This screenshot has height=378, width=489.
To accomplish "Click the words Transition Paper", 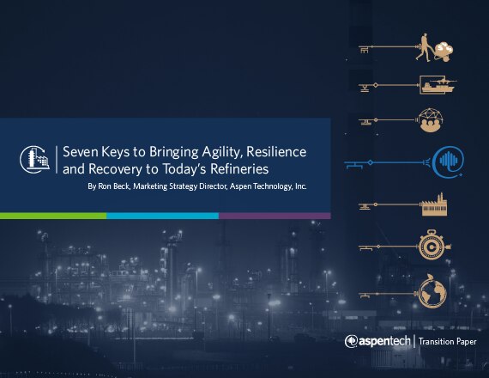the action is [x=448, y=341].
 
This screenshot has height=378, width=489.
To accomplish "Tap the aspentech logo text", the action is [x=377, y=341].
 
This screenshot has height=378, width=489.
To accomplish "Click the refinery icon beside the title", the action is [x=34, y=159].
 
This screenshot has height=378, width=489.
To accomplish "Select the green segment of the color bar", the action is [x=53, y=216].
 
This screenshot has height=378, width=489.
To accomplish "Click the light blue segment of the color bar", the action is [x=162, y=216].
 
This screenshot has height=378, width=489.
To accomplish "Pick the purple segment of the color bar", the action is [x=275, y=216].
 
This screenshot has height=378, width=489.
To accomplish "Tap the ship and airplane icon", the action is [x=438, y=84].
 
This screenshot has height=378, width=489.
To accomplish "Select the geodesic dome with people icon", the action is [x=431, y=120].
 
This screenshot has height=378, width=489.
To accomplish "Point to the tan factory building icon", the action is [x=434, y=204].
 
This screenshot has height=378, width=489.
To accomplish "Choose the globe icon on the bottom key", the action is [x=432, y=292].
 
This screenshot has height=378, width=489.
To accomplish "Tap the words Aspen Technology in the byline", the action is [x=261, y=186].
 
